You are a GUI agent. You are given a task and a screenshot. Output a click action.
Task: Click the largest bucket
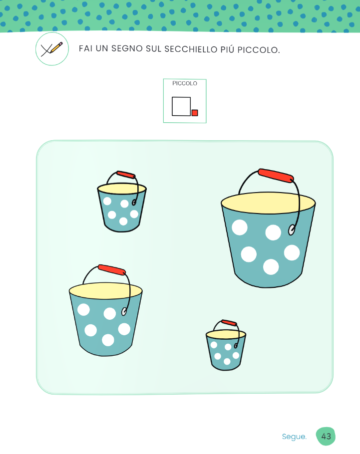[268, 237]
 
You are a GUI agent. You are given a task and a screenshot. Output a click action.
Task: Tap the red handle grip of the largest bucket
[276, 176]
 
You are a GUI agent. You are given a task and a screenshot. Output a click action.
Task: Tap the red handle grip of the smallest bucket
[229, 323]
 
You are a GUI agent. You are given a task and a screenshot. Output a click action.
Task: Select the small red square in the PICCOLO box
[195, 113]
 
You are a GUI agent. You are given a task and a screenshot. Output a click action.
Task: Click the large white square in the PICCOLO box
[181, 106]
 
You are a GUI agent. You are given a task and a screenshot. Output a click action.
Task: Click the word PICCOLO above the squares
[185, 83]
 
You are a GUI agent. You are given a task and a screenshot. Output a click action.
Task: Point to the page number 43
[326, 437]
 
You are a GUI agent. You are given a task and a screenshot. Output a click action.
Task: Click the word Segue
[294, 437]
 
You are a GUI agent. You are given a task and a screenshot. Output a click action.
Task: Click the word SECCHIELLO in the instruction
[191, 49]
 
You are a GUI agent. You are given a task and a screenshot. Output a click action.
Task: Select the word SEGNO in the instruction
[127, 48]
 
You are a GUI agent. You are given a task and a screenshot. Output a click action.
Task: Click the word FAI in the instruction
[85, 48]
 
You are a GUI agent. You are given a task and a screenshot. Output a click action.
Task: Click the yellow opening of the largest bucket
[268, 203]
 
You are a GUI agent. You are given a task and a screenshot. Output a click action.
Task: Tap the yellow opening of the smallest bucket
[226, 334]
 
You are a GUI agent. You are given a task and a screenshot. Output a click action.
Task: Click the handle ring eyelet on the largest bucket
[291, 230]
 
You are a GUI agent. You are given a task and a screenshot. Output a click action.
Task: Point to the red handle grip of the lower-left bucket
[111, 269]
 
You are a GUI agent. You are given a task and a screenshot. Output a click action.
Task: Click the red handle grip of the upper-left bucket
[126, 175]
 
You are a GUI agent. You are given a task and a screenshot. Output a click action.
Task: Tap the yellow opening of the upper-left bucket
[122, 189]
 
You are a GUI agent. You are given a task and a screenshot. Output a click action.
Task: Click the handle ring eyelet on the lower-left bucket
[124, 311]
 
